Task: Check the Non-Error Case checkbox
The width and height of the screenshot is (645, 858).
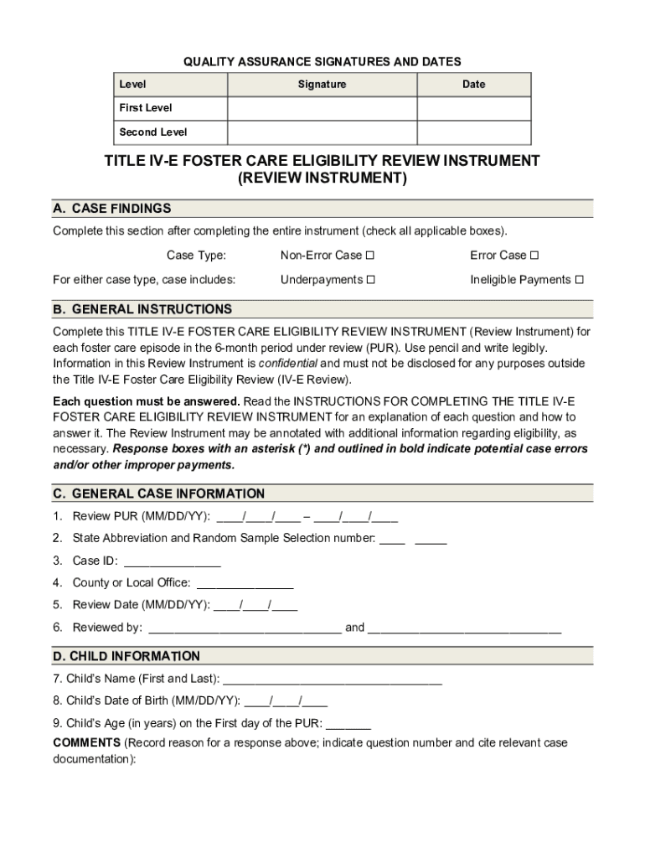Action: click(x=370, y=256)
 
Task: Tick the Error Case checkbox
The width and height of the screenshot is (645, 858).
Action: click(x=534, y=256)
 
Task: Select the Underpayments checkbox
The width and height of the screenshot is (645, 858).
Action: click(x=371, y=280)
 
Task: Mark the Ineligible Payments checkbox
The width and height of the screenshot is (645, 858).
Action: click(x=579, y=280)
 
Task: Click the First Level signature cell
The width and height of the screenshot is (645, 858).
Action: click(x=322, y=109)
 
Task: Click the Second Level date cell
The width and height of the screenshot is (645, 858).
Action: click(x=473, y=132)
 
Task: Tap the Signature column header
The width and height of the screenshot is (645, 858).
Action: click(x=322, y=85)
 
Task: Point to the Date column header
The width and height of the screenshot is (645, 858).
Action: click(x=473, y=85)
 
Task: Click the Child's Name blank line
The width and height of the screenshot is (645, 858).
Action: click(x=333, y=679)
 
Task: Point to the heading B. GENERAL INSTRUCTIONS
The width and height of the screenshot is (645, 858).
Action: click(x=142, y=309)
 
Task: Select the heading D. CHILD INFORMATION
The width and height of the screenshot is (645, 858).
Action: click(x=126, y=656)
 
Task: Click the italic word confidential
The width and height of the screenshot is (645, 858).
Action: click(x=288, y=364)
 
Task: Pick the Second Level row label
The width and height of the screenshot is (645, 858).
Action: click(x=153, y=132)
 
